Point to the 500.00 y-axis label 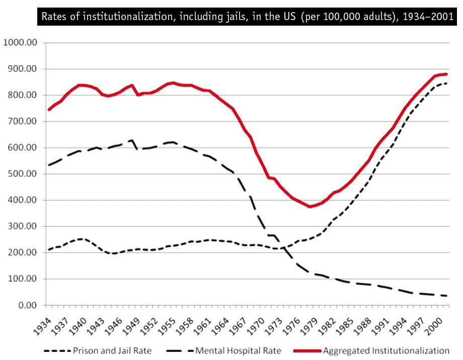[22, 174]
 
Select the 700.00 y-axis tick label [22, 121]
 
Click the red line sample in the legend [304, 350]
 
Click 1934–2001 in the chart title [430, 16]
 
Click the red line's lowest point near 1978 [311, 206]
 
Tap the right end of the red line [446, 74]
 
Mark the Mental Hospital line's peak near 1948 [132, 140]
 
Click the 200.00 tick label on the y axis [22, 252]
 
